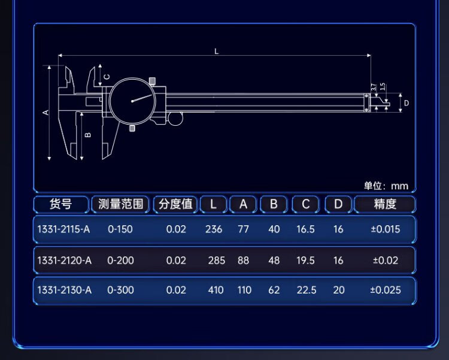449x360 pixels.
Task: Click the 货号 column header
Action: [x=60, y=204]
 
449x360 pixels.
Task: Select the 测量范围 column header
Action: [x=120, y=204]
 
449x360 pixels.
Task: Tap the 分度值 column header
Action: [x=175, y=204]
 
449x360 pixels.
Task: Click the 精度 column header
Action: [x=385, y=204]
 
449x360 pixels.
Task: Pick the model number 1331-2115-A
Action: [x=64, y=229]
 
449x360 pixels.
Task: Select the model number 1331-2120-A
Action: [x=64, y=261]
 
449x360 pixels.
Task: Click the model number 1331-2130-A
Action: [x=64, y=291]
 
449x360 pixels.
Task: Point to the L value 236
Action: [x=214, y=229]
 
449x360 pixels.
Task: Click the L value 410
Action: [x=215, y=291]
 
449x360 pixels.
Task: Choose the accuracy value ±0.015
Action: [x=385, y=229]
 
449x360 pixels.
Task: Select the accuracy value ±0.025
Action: [x=386, y=291]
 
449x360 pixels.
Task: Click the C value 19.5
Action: [x=305, y=261]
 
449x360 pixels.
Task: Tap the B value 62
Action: [x=274, y=291]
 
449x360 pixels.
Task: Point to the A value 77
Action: [x=243, y=229]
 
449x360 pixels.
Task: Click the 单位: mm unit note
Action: [x=386, y=186]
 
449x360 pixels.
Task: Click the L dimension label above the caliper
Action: [x=216, y=52]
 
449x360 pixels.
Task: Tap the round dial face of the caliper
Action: [x=133, y=101]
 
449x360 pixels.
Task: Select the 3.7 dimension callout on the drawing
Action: [x=373, y=87]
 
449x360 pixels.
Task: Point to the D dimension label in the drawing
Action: [x=406, y=103]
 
